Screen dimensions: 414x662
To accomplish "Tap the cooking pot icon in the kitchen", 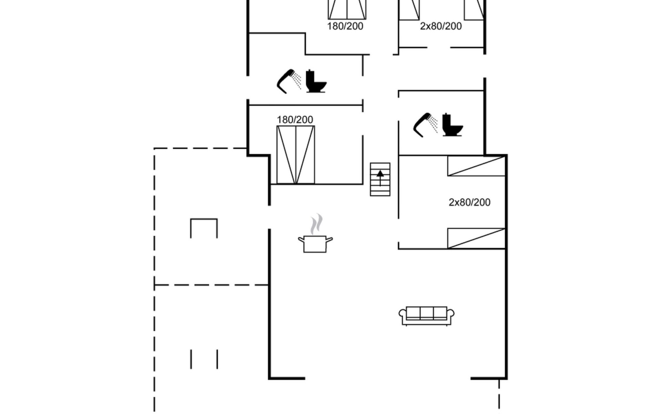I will [x=315, y=244].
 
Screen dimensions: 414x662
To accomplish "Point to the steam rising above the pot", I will [x=317, y=224].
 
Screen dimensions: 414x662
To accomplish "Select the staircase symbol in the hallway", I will [x=380, y=179].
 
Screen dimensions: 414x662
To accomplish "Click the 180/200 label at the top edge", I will [x=345, y=26].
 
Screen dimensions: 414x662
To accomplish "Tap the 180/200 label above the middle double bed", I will [x=295, y=120].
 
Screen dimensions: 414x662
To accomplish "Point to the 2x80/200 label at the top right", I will [x=441, y=26].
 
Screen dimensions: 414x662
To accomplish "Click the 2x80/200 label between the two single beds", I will [x=469, y=202].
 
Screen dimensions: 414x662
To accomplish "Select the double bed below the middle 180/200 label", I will [x=295, y=155].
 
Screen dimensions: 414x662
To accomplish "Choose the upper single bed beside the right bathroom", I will [x=476, y=166].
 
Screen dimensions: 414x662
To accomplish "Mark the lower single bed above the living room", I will [x=476, y=238].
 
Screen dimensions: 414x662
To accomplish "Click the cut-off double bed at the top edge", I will [x=347, y=9].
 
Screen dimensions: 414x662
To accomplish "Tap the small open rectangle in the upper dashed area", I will [x=204, y=228].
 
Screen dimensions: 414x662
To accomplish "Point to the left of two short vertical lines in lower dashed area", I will [x=191, y=359].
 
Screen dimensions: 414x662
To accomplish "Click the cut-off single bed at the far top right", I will [x=474, y=10].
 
